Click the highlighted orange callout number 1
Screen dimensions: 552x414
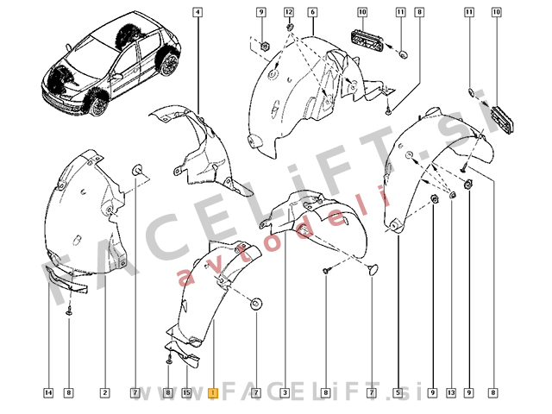coord(213,393)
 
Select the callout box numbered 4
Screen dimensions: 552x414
coord(198,12)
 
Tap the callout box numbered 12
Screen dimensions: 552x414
coord(289,12)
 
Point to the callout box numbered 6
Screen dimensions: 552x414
coord(312,12)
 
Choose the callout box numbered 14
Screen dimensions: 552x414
coord(48,393)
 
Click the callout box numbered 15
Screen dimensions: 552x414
coord(186,393)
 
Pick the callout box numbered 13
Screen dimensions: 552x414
coord(451,393)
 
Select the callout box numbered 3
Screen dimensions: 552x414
coord(285,393)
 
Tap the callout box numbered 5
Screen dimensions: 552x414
coord(398,393)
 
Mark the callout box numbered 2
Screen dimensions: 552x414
coord(104,393)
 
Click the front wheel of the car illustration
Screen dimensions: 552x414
coord(97,105)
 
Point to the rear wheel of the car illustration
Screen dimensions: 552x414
coord(169,64)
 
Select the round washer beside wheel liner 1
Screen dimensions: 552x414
coord(256,304)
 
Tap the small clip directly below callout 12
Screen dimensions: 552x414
coord(290,27)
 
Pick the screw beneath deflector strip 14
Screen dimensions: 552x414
coord(69,311)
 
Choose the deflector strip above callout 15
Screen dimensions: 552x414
coord(183,354)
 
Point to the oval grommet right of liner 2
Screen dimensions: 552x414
coord(136,171)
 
